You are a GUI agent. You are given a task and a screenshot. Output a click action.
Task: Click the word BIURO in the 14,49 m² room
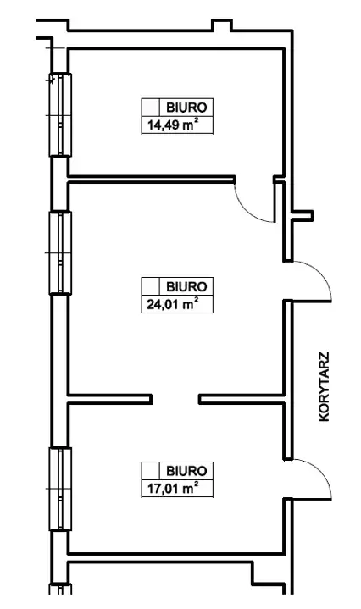pyautogui.click(x=186, y=108)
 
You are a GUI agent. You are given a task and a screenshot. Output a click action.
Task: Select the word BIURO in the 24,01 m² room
pyautogui.click(x=186, y=286)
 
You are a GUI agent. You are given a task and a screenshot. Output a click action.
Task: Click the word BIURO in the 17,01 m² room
pyautogui.click(x=186, y=471)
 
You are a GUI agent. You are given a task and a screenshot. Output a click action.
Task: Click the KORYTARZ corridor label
pyautogui.click(x=324, y=386)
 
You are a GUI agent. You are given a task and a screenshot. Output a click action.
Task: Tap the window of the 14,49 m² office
pyautogui.click(x=60, y=115)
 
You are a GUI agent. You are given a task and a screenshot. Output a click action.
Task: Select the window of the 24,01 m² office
pyautogui.click(x=60, y=253)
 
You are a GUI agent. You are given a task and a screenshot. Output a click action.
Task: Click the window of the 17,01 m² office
pyautogui.click(x=60, y=489)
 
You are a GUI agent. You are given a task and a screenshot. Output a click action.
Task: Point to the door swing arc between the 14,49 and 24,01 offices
pyautogui.click(x=247, y=211)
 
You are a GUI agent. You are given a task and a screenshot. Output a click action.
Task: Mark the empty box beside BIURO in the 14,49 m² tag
pyautogui.click(x=151, y=108)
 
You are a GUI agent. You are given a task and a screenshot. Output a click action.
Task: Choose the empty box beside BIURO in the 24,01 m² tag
pyautogui.click(x=151, y=286)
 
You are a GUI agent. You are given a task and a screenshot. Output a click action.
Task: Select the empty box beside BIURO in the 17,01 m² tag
pyautogui.click(x=151, y=471)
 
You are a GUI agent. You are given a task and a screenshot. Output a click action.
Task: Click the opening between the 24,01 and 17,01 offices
pyautogui.click(x=175, y=399)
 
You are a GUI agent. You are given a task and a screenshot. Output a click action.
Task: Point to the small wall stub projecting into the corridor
pyautogui.click(x=303, y=215)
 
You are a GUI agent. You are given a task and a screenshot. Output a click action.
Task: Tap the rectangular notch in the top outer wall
pyautogui.click(x=222, y=25)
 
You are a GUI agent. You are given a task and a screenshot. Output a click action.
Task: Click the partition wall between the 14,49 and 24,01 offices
pyautogui.click(x=152, y=179)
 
